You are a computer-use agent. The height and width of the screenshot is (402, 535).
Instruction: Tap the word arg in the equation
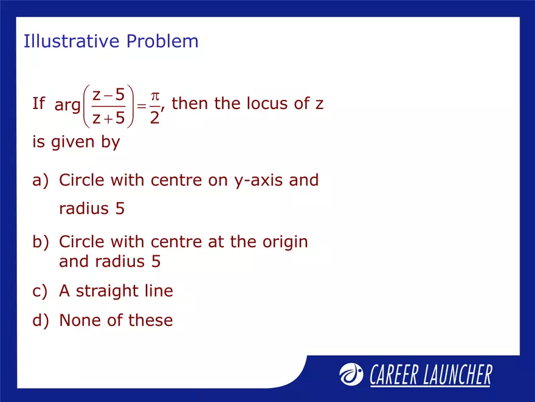coord(67,105)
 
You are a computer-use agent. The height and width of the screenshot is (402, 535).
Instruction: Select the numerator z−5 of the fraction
coord(109,94)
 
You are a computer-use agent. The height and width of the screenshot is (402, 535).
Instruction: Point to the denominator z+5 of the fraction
coord(109,118)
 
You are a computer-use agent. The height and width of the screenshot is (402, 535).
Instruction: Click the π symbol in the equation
coord(155,96)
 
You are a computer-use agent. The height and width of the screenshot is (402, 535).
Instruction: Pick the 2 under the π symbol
coord(155,118)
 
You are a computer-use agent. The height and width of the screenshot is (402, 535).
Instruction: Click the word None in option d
coord(78,320)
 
